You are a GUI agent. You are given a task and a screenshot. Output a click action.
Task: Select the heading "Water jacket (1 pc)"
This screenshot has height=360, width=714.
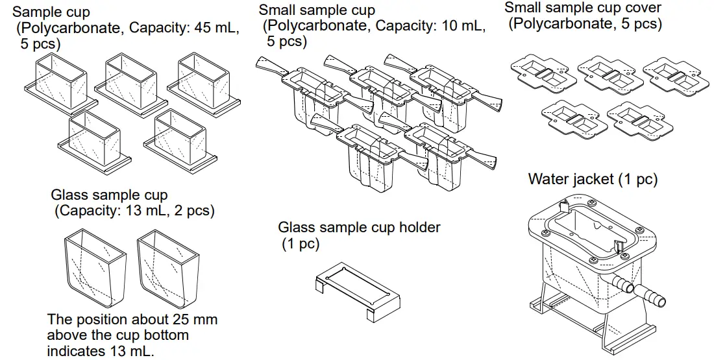(593, 179)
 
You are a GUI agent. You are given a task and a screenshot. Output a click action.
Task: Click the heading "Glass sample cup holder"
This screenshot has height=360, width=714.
(359, 228)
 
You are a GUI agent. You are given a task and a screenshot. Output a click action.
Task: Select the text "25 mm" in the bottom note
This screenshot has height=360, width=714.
(195, 320)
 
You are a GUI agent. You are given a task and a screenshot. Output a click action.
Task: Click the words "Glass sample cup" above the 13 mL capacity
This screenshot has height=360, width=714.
(109, 195)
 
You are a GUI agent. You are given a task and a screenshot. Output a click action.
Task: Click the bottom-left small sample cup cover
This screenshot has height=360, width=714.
(570, 115)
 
